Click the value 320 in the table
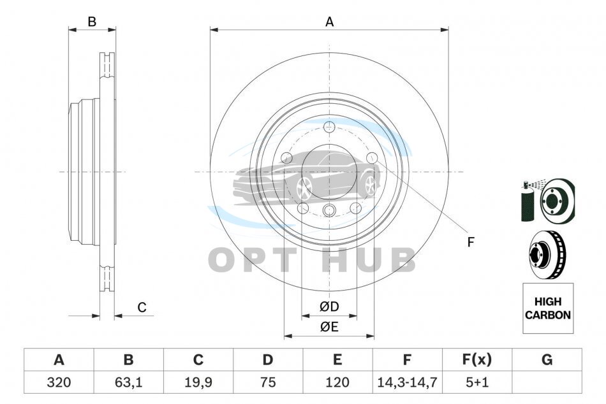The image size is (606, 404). [59, 382]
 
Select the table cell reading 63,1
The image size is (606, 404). [129, 382]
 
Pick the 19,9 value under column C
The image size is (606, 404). [198, 382]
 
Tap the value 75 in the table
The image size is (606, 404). [268, 382]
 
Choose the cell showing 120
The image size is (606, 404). [337, 382]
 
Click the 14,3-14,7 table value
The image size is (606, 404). [407, 382]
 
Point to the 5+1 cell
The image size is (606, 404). [477, 382]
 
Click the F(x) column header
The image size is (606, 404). [477, 359]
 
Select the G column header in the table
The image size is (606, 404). [547, 359]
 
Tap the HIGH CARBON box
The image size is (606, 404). [548, 308]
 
